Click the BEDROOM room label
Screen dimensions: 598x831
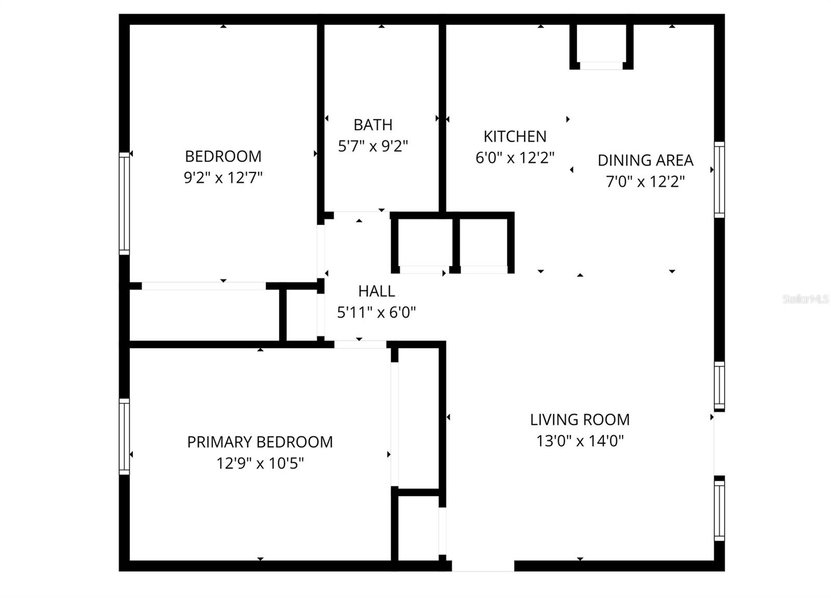(x=223, y=156)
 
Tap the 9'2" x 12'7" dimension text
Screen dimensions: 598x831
(x=223, y=178)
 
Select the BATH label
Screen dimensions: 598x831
(x=373, y=125)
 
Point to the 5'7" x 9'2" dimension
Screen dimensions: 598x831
(x=373, y=146)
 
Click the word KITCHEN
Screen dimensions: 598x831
(x=515, y=136)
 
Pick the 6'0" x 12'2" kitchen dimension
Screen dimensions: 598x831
(x=515, y=157)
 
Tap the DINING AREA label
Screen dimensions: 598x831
(x=645, y=160)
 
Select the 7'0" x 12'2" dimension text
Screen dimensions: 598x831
(x=645, y=181)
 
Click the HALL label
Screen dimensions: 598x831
(x=377, y=291)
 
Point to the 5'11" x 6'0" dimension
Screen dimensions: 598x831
(x=377, y=312)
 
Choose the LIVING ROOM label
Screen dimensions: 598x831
(x=580, y=419)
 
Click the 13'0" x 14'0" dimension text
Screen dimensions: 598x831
(x=580, y=441)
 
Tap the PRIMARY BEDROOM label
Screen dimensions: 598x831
(x=260, y=442)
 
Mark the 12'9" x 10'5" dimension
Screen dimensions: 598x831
(x=260, y=463)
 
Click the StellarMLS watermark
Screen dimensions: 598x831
(x=805, y=299)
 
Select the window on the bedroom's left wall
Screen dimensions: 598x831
(x=124, y=204)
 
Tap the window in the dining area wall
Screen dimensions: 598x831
(x=719, y=180)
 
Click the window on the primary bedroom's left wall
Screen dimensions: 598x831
(x=124, y=436)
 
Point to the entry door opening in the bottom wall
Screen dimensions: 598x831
(x=482, y=566)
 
